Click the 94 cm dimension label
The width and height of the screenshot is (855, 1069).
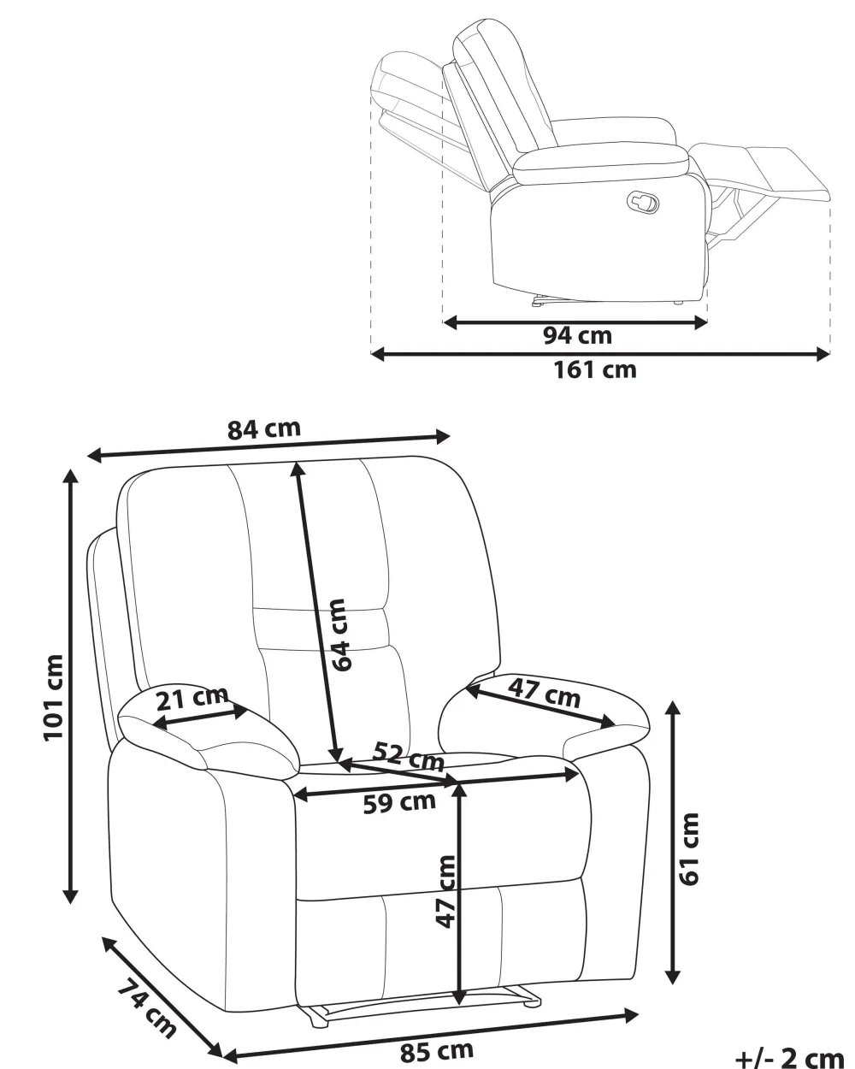(577, 336)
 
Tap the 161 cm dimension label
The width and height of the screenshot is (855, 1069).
(595, 370)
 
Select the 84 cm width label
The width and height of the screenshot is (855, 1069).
(264, 429)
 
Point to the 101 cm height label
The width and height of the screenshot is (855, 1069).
(54, 698)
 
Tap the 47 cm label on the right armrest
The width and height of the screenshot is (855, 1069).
(544, 693)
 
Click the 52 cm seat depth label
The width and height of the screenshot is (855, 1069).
(409, 757)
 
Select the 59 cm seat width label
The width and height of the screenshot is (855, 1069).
(399, 803)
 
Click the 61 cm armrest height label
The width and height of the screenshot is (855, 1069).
(688, 849)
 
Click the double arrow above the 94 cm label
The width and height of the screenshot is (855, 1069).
(575, 323)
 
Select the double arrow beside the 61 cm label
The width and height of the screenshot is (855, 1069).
(673, 843)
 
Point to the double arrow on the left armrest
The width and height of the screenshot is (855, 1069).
(200, 718)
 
